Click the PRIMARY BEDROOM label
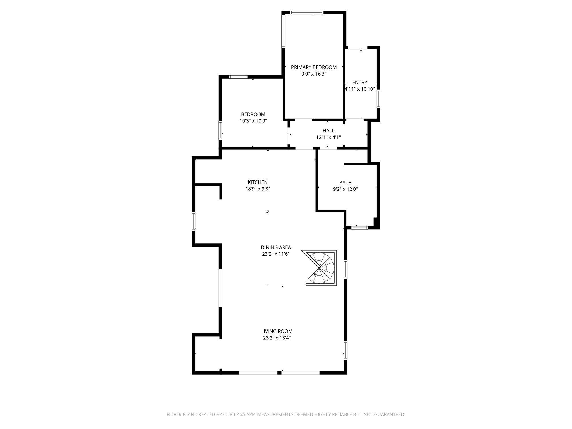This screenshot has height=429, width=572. pyautogui.click(x=314, y=67)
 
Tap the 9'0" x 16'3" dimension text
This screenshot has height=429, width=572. pyautogui.click(x=314, y=74)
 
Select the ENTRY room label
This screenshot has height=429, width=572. pyautogui.click(x=360, y=82)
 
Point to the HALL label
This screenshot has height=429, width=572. pyautogui.click(x=328, y=131)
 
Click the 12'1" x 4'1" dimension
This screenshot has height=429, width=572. pyautogui.click(x=328, y=137)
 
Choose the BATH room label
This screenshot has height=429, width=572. pyautogui.click(x=345, y=182)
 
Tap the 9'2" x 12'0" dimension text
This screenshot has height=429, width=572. pyautogui.click(x=345, y=189)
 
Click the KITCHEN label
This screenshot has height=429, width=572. pyautogui.click(x=257, y=182)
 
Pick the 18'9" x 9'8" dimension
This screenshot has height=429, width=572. pyautogui.click(x=257, y=189)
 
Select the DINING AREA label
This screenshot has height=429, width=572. pyautogui.click(x=276, y=247)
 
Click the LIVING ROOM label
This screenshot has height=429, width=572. pyautogui.click(x=277, y=331)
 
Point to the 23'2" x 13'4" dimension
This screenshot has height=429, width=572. pyautogui.click(x=277, y=338)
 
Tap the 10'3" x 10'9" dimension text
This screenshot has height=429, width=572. pyautogui.click(x=253, y=121)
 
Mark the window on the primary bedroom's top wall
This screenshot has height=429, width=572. pyautogui.click(x=307, y=13)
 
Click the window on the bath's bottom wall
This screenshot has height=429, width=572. pyautogui.click(x=360, y=228)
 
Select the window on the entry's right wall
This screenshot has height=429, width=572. pyautogui.click(x=378, y=99)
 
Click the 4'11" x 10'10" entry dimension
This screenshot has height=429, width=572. pyautogui.click(x=360, y=89)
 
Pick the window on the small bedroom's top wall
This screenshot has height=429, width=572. pyautogui.click(x=238, y=77)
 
